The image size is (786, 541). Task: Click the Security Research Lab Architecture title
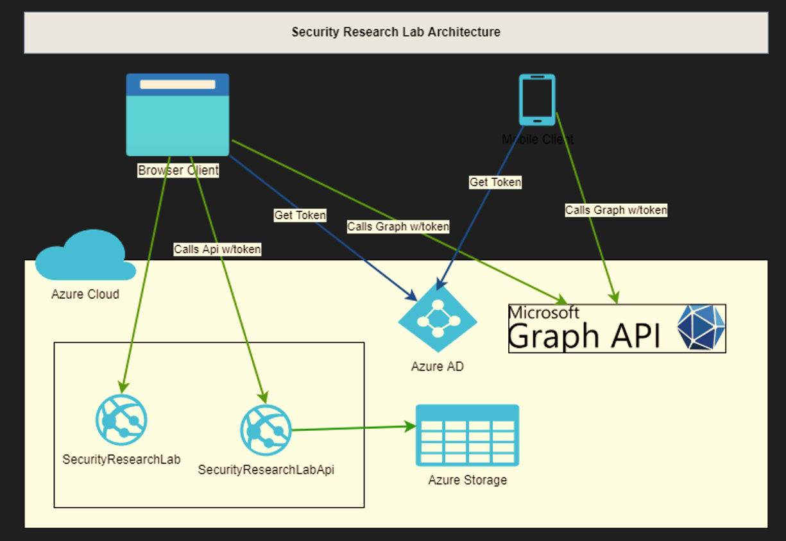pyautogui.click(x=396, y=32)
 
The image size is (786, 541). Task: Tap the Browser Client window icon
pyautogui.click(x=178, y=115)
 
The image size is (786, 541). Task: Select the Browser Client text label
pyautogui.click(x=178, y=171)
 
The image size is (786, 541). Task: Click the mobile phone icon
pyautogui.click(x=537, y=99)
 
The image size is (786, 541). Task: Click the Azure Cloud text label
pyautogui.click(x=85, y=294)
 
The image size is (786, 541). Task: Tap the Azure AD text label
pyautogui.click(x=437, y=367)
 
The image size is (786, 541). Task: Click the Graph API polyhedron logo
pyautogui.click(x=701, y=328)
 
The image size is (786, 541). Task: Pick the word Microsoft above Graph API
pyautogui.click(x=543, y=313)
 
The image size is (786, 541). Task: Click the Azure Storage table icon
pyautogui.click(x=467, y=435)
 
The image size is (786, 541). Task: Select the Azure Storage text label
pyautogui.click(x=467, y=480)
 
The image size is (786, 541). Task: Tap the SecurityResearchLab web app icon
pyautogui.click(x=121, y=420)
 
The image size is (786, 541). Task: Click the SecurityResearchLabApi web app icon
pyautogui.click(x=266, y=430)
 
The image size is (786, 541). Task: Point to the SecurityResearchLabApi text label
pyautogui.click(x=266, y=470)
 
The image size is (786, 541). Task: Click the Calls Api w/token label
pyautogui.click(x=218, y=249)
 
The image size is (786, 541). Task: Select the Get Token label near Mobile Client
pyautogui.click(x=495, y=182)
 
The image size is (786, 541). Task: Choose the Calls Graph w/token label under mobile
pyautogui.click(x=616, y=210)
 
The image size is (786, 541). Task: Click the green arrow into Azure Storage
pyautogui.click(x=353, y=428)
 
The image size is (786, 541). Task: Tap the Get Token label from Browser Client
pyautogui.click(x=300, y=215)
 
